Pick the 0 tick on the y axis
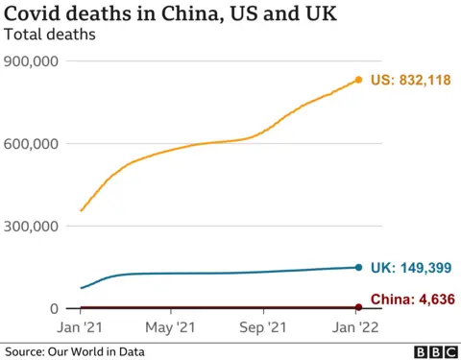coord(54,309)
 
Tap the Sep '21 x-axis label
coord(264,326)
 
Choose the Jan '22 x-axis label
coord(358,326)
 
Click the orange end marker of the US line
coord(358,80)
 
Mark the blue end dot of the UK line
coord(358,268)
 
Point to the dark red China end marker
coord(358,307)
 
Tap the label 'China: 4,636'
coord(409,299)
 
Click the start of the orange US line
coord(81,210)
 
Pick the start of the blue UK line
coord(81,288)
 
